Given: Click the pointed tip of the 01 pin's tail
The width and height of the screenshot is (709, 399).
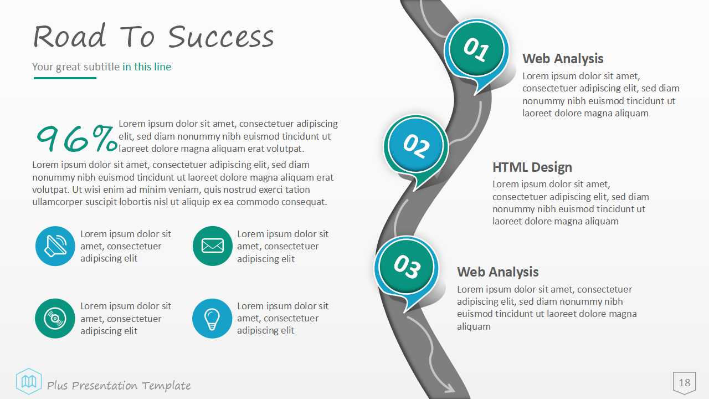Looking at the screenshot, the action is tap(475, 95).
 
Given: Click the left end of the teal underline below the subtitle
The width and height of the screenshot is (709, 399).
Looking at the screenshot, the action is tap(34, 78).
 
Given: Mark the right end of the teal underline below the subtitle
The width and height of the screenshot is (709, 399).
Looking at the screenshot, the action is tap(96, 78).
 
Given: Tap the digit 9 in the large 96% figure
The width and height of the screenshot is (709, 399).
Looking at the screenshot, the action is tap(47, 139).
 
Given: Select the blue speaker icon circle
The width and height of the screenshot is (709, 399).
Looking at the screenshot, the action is tap(55, 246).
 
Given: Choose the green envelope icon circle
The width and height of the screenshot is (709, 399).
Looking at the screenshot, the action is tap(212, 246).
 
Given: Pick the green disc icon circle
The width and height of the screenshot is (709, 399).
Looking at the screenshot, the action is tap(55, 318).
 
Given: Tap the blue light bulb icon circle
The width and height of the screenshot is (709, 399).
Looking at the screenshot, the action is tap(212, 318).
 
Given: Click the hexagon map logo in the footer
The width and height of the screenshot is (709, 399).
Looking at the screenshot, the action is tap(29, 381).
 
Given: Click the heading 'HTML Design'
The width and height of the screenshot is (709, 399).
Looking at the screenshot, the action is tap(532, 167).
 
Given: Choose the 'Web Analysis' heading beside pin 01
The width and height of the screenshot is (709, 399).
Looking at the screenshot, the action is tap(563, 59).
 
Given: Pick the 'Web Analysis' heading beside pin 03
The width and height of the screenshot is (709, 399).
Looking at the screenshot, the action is tap(497, 272).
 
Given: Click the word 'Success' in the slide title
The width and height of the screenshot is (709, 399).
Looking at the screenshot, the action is tap(220, 37).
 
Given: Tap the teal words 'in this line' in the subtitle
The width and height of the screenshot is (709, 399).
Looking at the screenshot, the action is tap(147, 67).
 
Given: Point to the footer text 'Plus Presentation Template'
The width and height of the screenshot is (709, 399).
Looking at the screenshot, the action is tap(119, 386).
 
